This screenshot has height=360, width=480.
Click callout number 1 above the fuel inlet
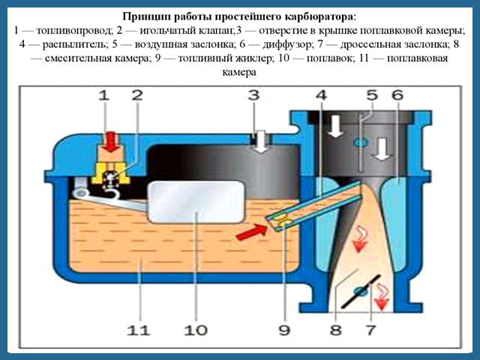(x=104, y=95)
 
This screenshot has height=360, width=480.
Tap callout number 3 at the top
(x=254, y=95)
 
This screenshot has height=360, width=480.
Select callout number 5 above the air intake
(x=372, y=95)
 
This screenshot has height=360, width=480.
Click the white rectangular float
(x=196, y=202)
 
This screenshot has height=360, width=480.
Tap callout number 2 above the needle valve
(x=136, y=95)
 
